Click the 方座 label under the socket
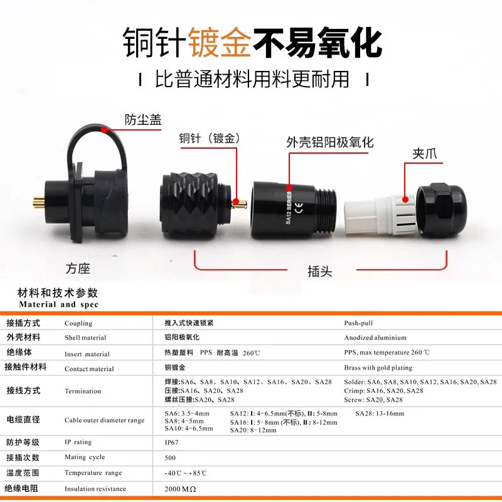coord(78,269)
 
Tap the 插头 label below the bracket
coord(319,271)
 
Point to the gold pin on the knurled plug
coord(239,203)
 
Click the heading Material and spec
coord(58,304)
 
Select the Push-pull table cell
coord(358,323)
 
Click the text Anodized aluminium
coord(375,338)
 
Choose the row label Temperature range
coord(93,473)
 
